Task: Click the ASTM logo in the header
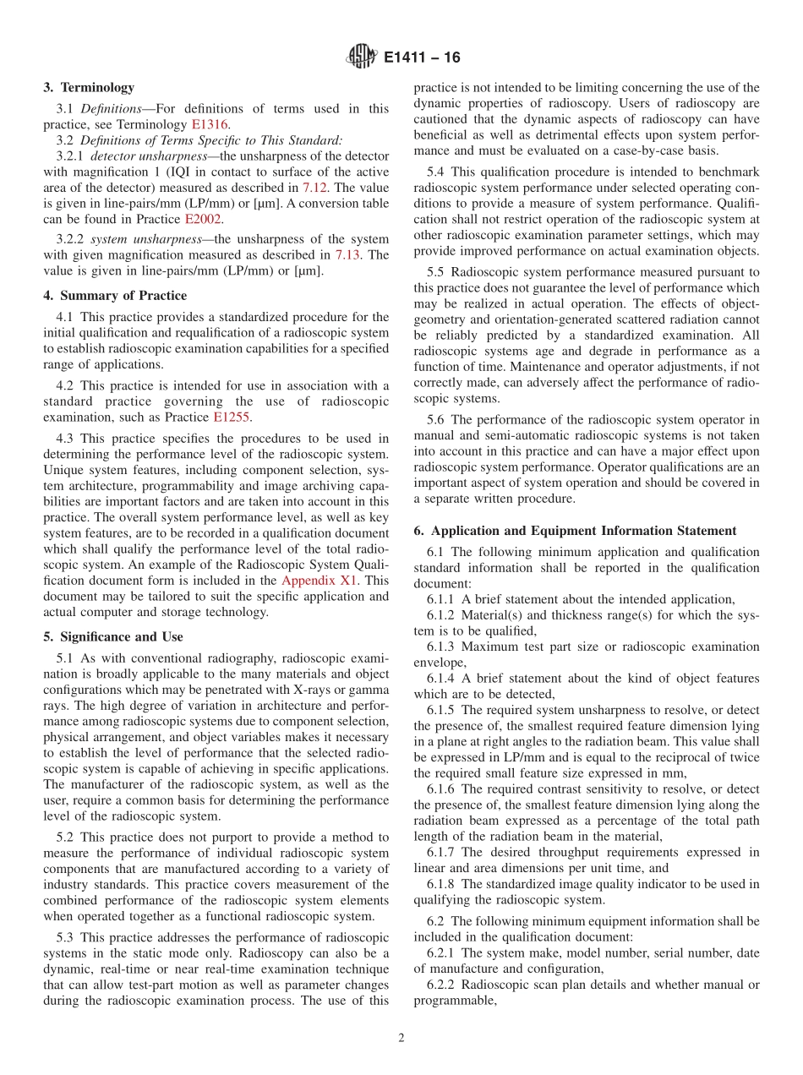(x=361, y=57)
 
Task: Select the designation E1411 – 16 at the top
(x=422, y=58)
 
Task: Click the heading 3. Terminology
(x=88, y=87)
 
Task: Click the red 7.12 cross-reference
(x=315, y=188)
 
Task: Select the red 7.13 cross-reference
(x=349, y=254)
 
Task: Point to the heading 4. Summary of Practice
(x=115, y=296)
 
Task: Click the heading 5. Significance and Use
(x=112, y=636)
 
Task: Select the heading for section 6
(x=575, y=531)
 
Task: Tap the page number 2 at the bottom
(x=401, y=1038)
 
